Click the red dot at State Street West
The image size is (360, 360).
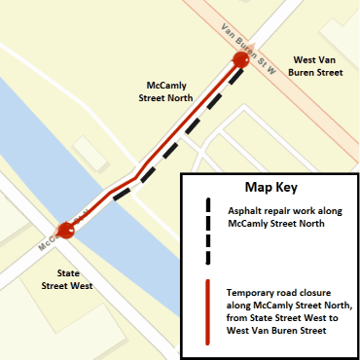(66, 231)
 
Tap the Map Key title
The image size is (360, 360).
(271, 187)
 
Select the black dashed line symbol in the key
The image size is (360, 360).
(207, 233)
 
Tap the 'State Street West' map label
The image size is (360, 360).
(67, 280)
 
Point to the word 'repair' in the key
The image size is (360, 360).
(288, 211)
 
